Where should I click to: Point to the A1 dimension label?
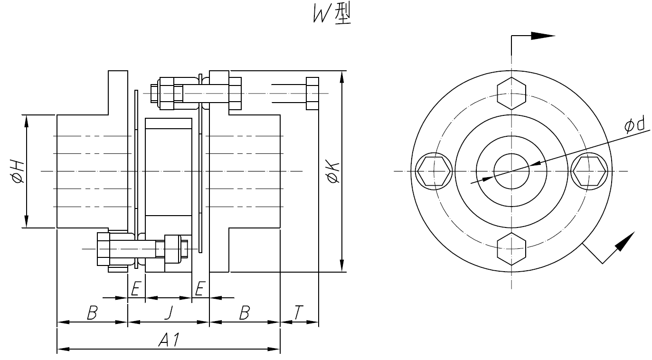click(169, 340)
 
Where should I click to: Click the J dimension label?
click(168, 313)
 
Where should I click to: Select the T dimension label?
click(298, 313)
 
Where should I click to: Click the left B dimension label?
click(92, 313)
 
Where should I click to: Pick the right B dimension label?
click(244, 313)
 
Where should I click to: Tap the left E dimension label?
click(136, 289)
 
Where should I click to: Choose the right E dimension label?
click(200, 289)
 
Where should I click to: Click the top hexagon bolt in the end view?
click(511, 93)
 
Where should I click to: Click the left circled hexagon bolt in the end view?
click(433, 171)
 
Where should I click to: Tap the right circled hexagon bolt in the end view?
click(589, 171)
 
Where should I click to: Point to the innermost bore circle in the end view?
click(511, 171)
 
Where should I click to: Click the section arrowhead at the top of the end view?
click(542, 36)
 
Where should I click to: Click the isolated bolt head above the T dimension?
click(312, 93)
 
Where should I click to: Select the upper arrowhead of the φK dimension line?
click(341, 76)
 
